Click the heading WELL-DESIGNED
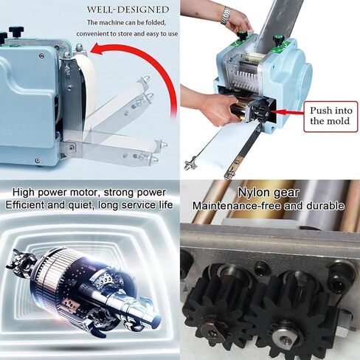128,10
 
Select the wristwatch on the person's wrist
226,15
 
